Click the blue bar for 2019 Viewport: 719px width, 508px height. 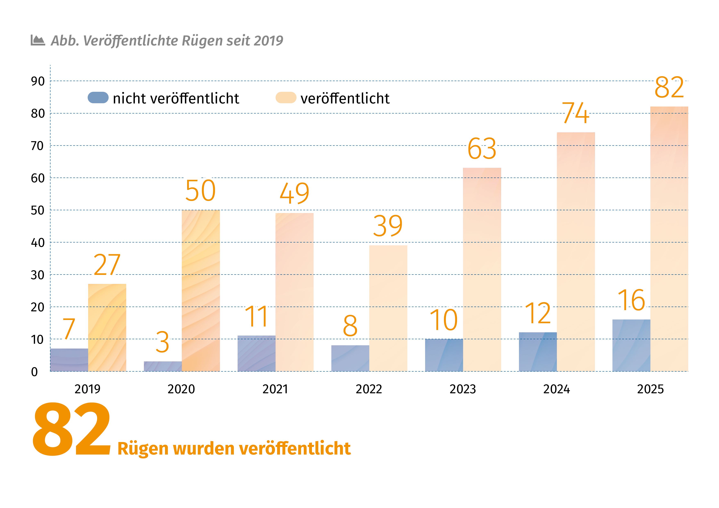coord(69,360)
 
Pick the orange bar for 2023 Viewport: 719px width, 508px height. coord(482,270)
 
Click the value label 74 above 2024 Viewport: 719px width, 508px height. coord(576,113)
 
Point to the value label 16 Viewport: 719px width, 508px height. coord(631,300)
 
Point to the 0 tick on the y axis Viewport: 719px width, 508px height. coord(34,372)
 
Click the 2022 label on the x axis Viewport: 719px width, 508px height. coord(369,389)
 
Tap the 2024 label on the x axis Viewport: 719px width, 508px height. coord(556,389)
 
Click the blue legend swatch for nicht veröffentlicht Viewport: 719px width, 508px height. coord(98,98)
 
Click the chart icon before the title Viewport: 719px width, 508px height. coord(38,40)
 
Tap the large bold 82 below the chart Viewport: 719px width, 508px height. coord(71,429)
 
